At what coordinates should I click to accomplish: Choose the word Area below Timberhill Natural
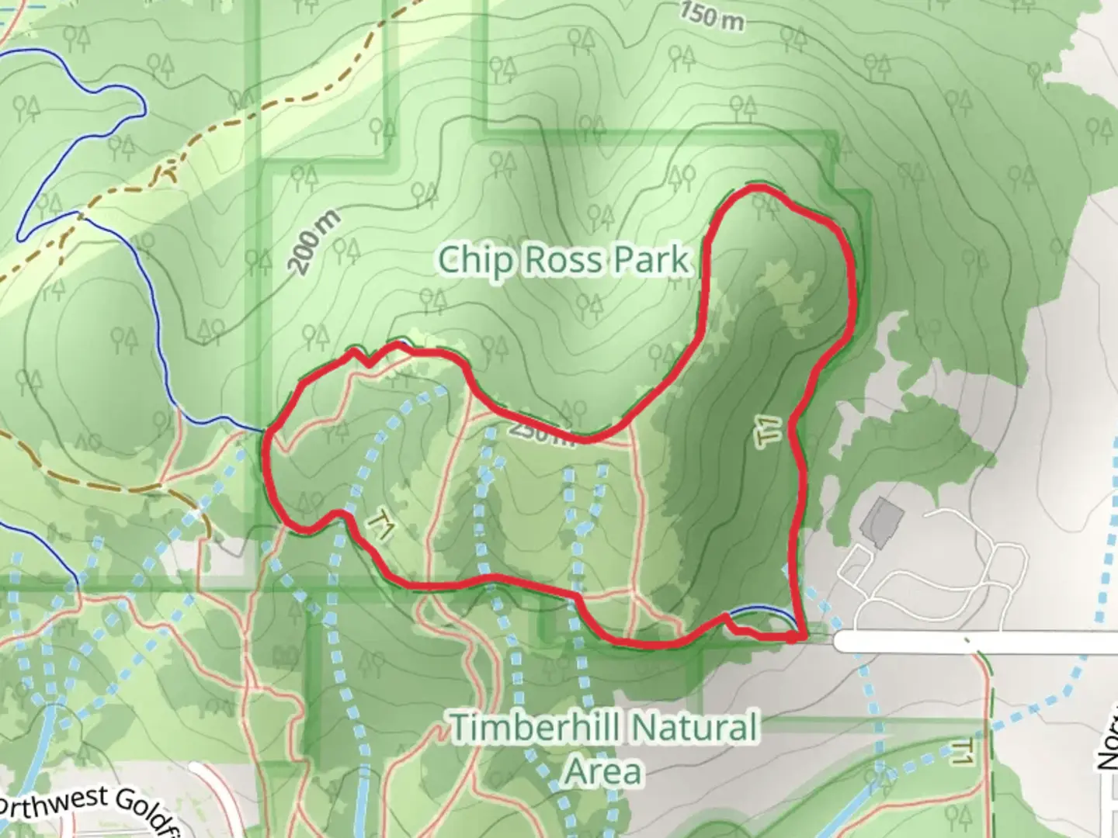(x=603, y=771)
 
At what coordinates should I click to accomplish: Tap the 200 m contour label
(x=315, y=242)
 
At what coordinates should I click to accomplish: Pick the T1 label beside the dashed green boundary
(x=961, y=752)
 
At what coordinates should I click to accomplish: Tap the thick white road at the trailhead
(x=970, y=641)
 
